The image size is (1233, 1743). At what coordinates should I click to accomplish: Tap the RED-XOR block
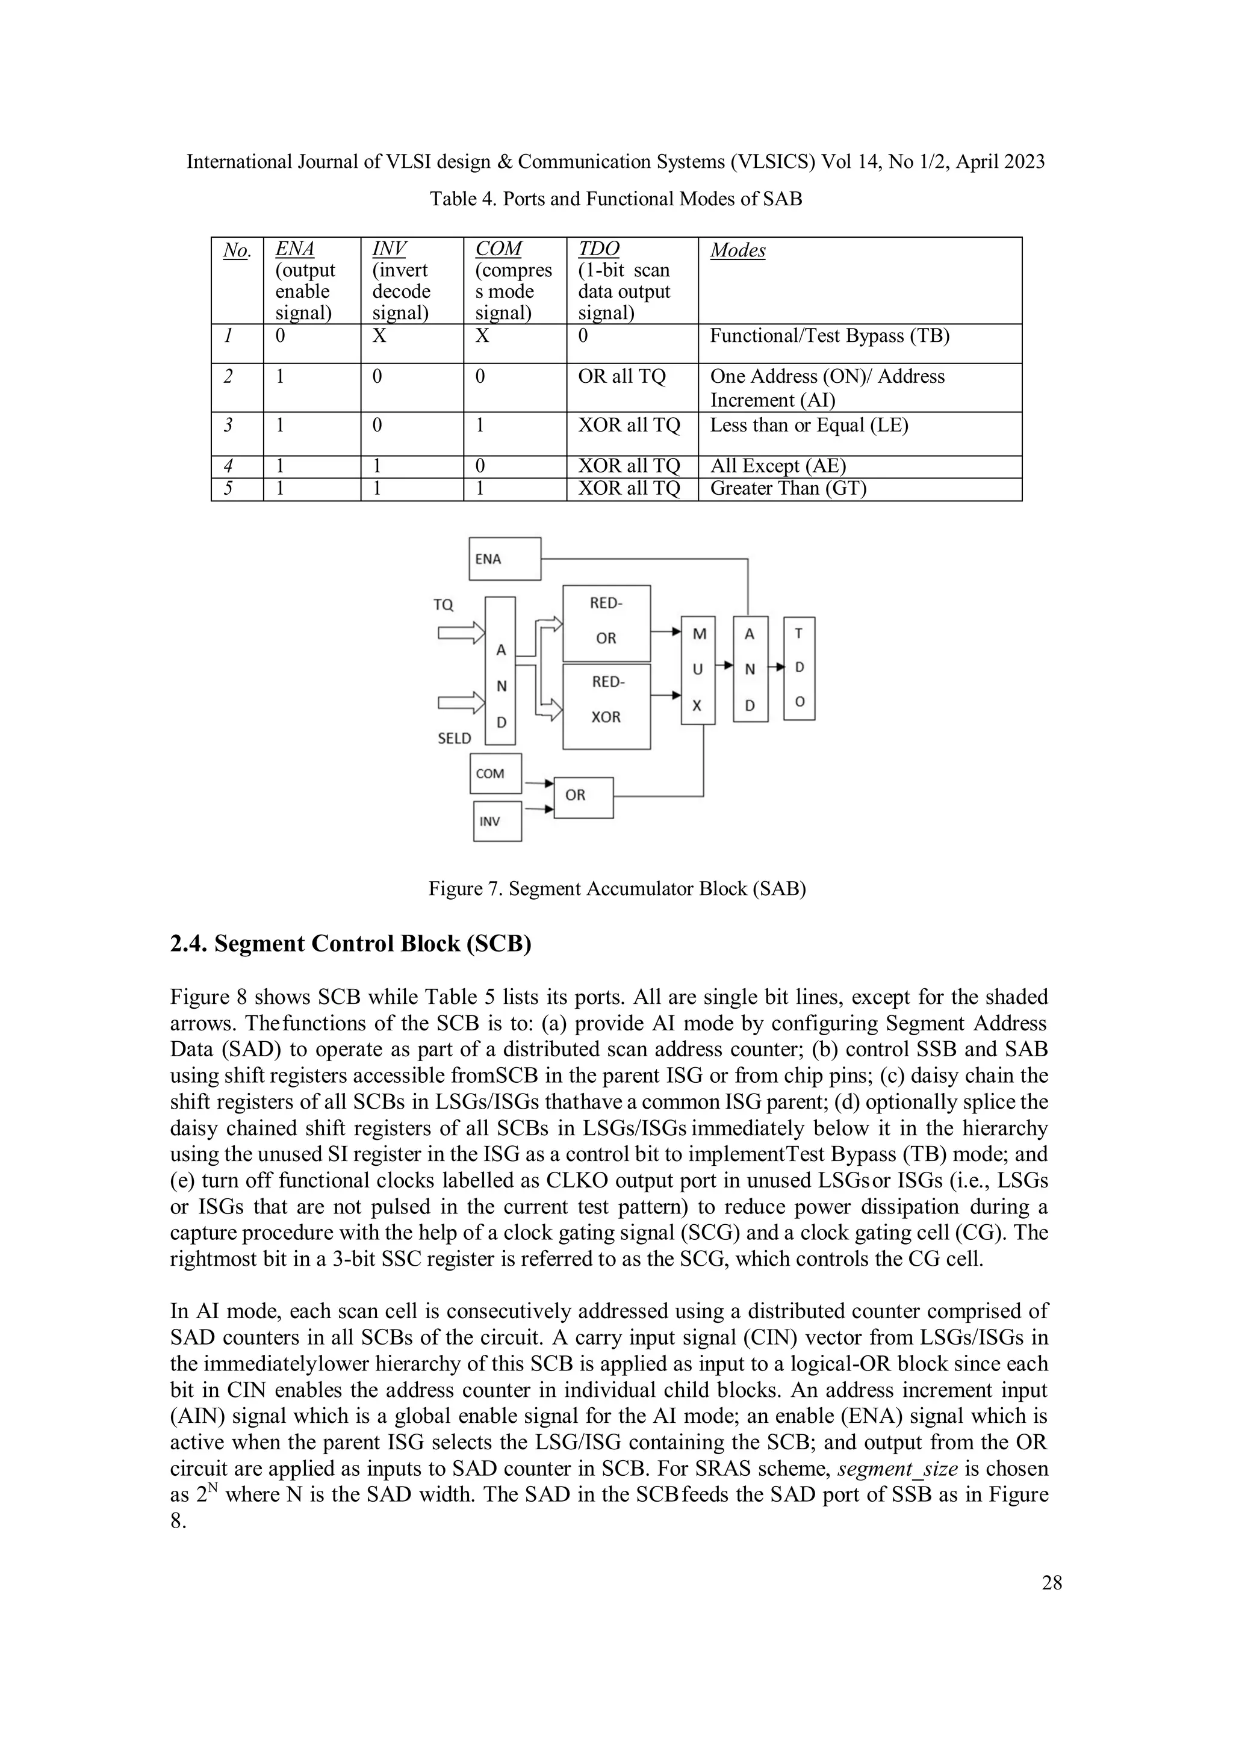pyautogui.click(x=606, y=706)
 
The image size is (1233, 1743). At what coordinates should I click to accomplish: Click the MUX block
pyautogui.click(x=698, y=669)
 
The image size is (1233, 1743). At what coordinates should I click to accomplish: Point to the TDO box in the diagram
pyautogui.click(x=799, y=668)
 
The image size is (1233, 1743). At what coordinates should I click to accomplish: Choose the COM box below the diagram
pyautogui.click(x=495, y=773)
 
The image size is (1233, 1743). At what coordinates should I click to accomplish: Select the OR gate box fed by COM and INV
pyautogui.click(x=583, y=797)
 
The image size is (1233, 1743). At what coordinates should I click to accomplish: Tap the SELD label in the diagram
pyautogui.click(x=454, y=738)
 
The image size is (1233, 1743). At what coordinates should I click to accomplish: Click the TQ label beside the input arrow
pyautogui.click(x=443, y=605)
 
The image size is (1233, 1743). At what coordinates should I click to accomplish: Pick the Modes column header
pyautogui.click(x=738, y=250)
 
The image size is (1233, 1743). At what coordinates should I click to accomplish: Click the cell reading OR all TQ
pyautogui.click(x=621, y=377)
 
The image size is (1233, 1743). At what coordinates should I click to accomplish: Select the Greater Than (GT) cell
pyautogui.click(x=787, y=488)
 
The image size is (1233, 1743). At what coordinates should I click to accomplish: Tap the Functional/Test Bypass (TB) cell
pyautogui.click(x=829, y=336)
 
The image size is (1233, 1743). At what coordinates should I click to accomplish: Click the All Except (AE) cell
pyautogui.click(x=777, y=466)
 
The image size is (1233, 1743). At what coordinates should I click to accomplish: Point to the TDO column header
pyautogui.click(x=598, y=249)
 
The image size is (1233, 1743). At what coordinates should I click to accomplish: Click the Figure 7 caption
pyautogui.click(x=616, y=888)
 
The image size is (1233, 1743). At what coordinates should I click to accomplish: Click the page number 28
pyautogui.click(x=1052, y=1583)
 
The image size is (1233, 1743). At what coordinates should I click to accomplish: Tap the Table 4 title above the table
pyautogui.click(x=616, y=199)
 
